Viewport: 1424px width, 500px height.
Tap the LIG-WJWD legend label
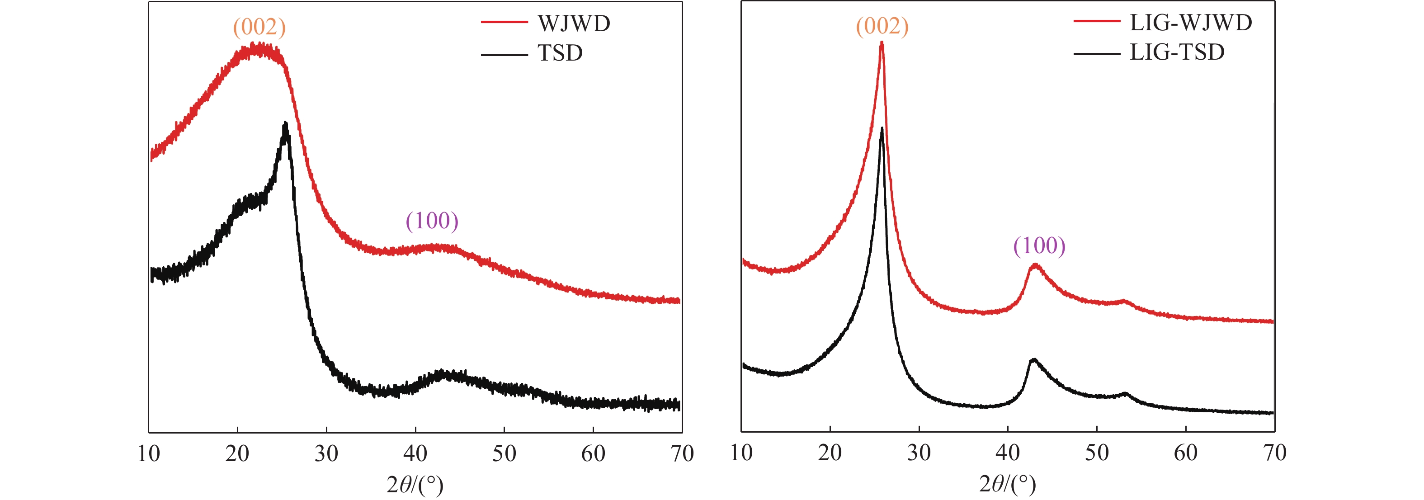[1191, 23]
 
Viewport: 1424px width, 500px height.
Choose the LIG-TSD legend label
[1177, 52]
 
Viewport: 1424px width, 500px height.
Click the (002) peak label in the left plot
[259, 27]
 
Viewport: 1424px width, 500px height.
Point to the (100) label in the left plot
[432, 221]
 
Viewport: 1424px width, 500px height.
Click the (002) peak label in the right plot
[882, 26]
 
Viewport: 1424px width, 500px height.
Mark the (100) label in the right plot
[1039, 245]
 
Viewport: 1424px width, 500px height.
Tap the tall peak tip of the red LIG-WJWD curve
[882, 43]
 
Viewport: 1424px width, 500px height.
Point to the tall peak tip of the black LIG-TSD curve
[882, 129]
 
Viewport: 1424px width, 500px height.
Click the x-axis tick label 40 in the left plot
[415, 454]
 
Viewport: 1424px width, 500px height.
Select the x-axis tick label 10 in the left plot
[149, 454]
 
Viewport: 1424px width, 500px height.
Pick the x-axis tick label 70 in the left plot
[682, 454]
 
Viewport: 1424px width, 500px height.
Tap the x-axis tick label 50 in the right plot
[1097, 453]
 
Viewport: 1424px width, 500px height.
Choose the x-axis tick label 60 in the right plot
[1186, 453]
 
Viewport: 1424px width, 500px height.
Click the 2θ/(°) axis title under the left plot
[415, 485]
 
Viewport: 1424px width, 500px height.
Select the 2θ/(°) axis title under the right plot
[1007, 484]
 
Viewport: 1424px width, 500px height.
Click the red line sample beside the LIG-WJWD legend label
[1097, 21]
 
